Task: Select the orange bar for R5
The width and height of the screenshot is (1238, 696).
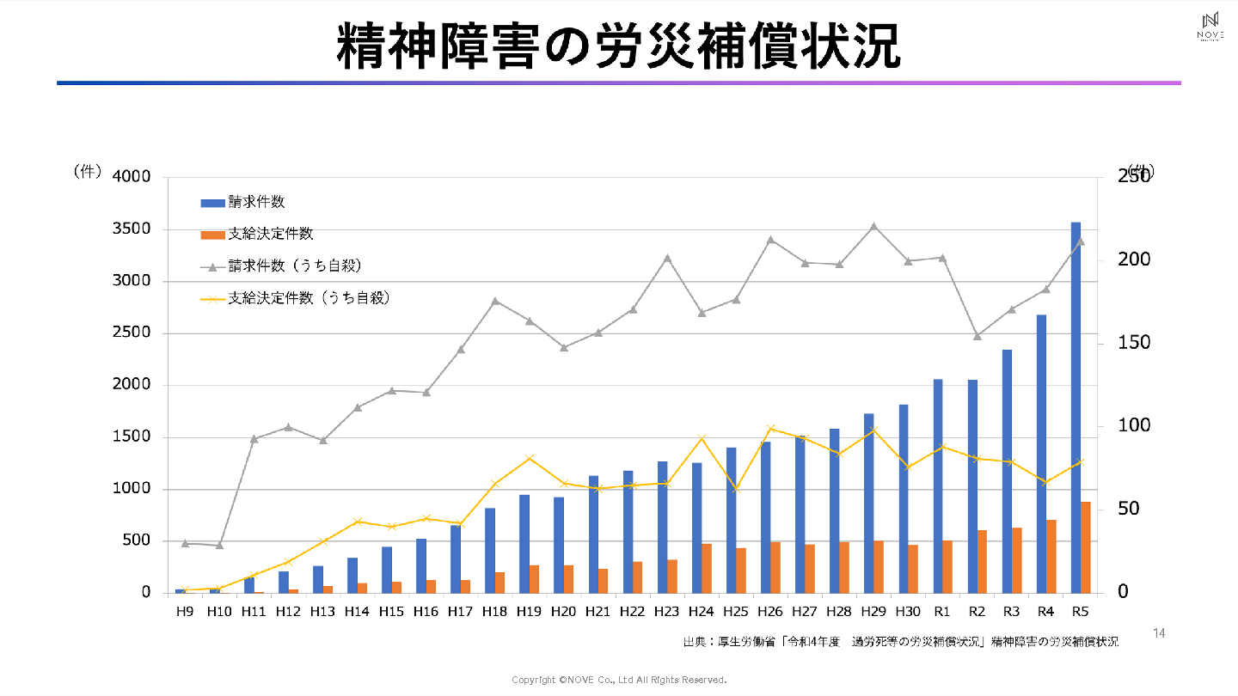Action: [1086, 547]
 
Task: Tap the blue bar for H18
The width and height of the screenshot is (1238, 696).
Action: [490, 550]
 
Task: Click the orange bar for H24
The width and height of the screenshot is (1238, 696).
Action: [707, 568]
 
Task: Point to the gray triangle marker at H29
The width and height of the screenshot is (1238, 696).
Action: [873, 226]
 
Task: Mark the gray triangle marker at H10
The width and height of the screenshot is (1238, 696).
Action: [219, 545]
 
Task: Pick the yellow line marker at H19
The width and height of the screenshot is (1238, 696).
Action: [530, 458]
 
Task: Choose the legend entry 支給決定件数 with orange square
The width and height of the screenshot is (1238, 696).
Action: [257, 234]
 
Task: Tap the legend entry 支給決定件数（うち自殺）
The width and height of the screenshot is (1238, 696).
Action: [297, 299]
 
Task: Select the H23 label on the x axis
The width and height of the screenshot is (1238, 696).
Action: [666, 611]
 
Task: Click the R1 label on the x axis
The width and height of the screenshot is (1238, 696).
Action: [942, 611]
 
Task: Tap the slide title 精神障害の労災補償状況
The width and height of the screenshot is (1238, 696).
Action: [618, 46]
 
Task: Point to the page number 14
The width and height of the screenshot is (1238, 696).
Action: [1159, 633]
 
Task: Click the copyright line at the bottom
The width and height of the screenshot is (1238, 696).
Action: [619, 680]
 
